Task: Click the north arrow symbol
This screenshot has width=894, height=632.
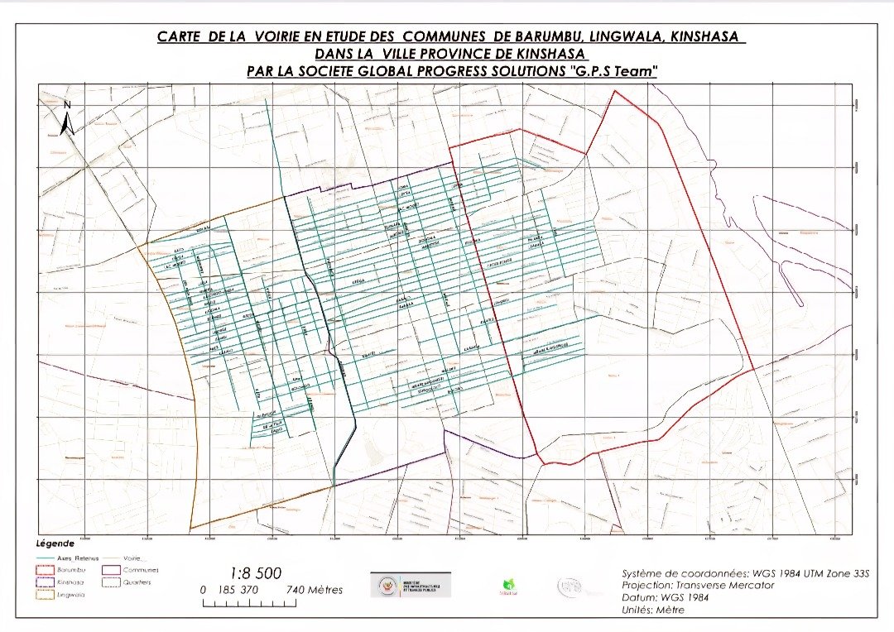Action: pos(69,118)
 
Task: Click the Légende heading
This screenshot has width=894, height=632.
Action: pos(55,544)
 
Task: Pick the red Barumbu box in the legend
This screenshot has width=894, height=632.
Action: pos(46,570)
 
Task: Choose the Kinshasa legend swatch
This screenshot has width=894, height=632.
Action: pos(46,582)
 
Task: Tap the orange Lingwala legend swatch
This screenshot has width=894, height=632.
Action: pos(46,594)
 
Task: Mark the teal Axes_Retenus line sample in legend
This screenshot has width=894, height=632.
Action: pos(46,558)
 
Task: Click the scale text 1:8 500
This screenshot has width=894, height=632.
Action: pos(255,573)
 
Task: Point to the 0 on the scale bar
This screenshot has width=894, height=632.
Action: pos(204,590)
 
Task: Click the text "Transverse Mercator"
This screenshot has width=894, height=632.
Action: pos(723,585)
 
